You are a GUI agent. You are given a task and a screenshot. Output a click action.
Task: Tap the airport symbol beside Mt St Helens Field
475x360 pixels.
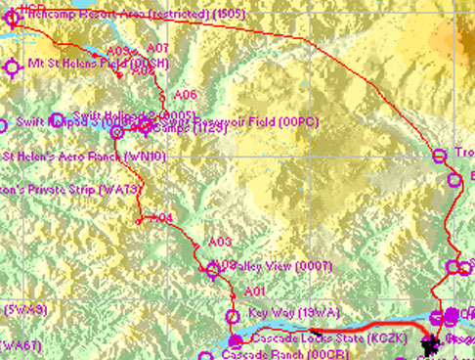[x=13, y=67]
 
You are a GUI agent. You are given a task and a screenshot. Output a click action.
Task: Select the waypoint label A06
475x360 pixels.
[x=186, y=95]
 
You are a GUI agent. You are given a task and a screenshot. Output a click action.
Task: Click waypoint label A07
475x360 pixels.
[x=156, y=48]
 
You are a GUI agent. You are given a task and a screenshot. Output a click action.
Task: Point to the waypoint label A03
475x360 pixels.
[x=220, y=242]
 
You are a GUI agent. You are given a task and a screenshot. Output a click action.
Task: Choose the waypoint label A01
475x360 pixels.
[x=254, y=292]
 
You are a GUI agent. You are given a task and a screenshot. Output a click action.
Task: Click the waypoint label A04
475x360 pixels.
[x=161, y=217]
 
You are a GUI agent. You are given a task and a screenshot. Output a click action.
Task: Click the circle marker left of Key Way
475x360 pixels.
[x=233, y=315]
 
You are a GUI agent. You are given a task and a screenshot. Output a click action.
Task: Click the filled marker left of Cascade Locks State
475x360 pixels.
[x=235, y=340]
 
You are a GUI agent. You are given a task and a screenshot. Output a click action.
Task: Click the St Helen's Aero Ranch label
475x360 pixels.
[x=83, y=156]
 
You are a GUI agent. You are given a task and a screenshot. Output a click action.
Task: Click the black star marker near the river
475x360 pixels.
[x=427, y=343]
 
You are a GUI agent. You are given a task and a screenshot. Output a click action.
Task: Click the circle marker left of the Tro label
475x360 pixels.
[x=437, y=154]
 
